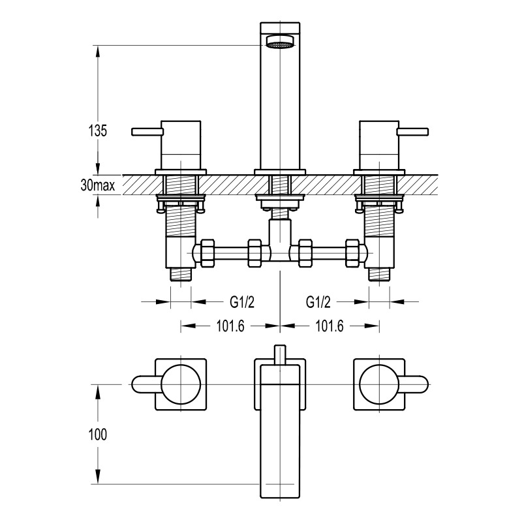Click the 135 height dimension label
click(x=97, y=130)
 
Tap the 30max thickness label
click(x=97, y=185)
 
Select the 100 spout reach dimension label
click(x=97, y=435)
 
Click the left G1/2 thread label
click(x=242, y=302)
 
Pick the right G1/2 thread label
click(x=318, y=302)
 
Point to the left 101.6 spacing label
click(x=230, y=326)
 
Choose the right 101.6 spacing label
click(x=330, y=326)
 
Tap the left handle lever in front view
click(x=147, y=132)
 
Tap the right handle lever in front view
click(x=413, y=132)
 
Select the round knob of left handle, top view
click(x=181, y=384)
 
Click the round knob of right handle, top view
click(x=380, y=384)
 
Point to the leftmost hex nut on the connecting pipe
click(x=207, y=253)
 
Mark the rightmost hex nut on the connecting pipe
click(x=353, y=253)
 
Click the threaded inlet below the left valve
click(x=181, y=274)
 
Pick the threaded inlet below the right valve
click(x=379, y=274)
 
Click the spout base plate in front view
click(x=280, y=172)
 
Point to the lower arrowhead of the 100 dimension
click(x=97, y=477)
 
